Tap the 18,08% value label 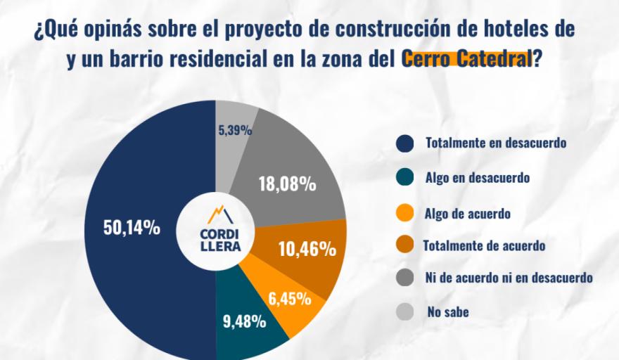pos(287,185)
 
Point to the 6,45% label pos(290,299)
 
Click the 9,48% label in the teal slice pos(245,322)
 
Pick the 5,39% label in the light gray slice pos(235,130)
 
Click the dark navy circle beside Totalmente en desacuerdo pos(404,143)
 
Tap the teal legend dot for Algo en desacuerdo pos(404,178)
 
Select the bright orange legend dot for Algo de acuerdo pos(404,212)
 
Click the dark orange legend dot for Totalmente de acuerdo pos(404,245)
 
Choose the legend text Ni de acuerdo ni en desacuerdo pos(509,278)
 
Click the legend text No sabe pos(447,311)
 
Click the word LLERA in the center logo pos(215,246)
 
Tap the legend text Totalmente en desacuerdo pos(496,143)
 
